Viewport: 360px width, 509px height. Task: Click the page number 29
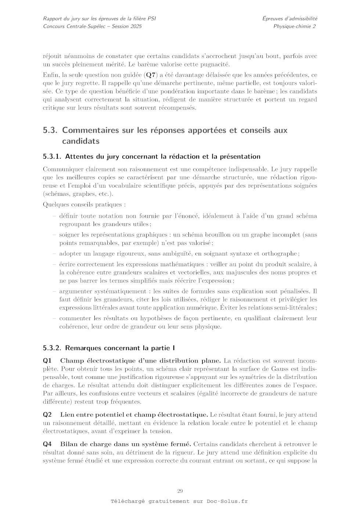[180, 491]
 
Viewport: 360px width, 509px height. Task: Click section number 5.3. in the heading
[50, 130]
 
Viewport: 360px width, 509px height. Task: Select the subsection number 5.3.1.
[52, 156]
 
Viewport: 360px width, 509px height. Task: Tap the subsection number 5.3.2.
[52, 348]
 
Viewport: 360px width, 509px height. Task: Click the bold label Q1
[47, 361]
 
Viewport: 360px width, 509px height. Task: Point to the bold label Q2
[47, 415]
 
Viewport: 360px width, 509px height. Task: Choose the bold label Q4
[47, 444]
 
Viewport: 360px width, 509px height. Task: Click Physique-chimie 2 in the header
[295, 26]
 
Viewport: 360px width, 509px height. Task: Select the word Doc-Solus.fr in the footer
[227, 501]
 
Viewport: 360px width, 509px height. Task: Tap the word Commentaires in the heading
[91, 130]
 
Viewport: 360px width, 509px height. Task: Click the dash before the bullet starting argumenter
[55, 291]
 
